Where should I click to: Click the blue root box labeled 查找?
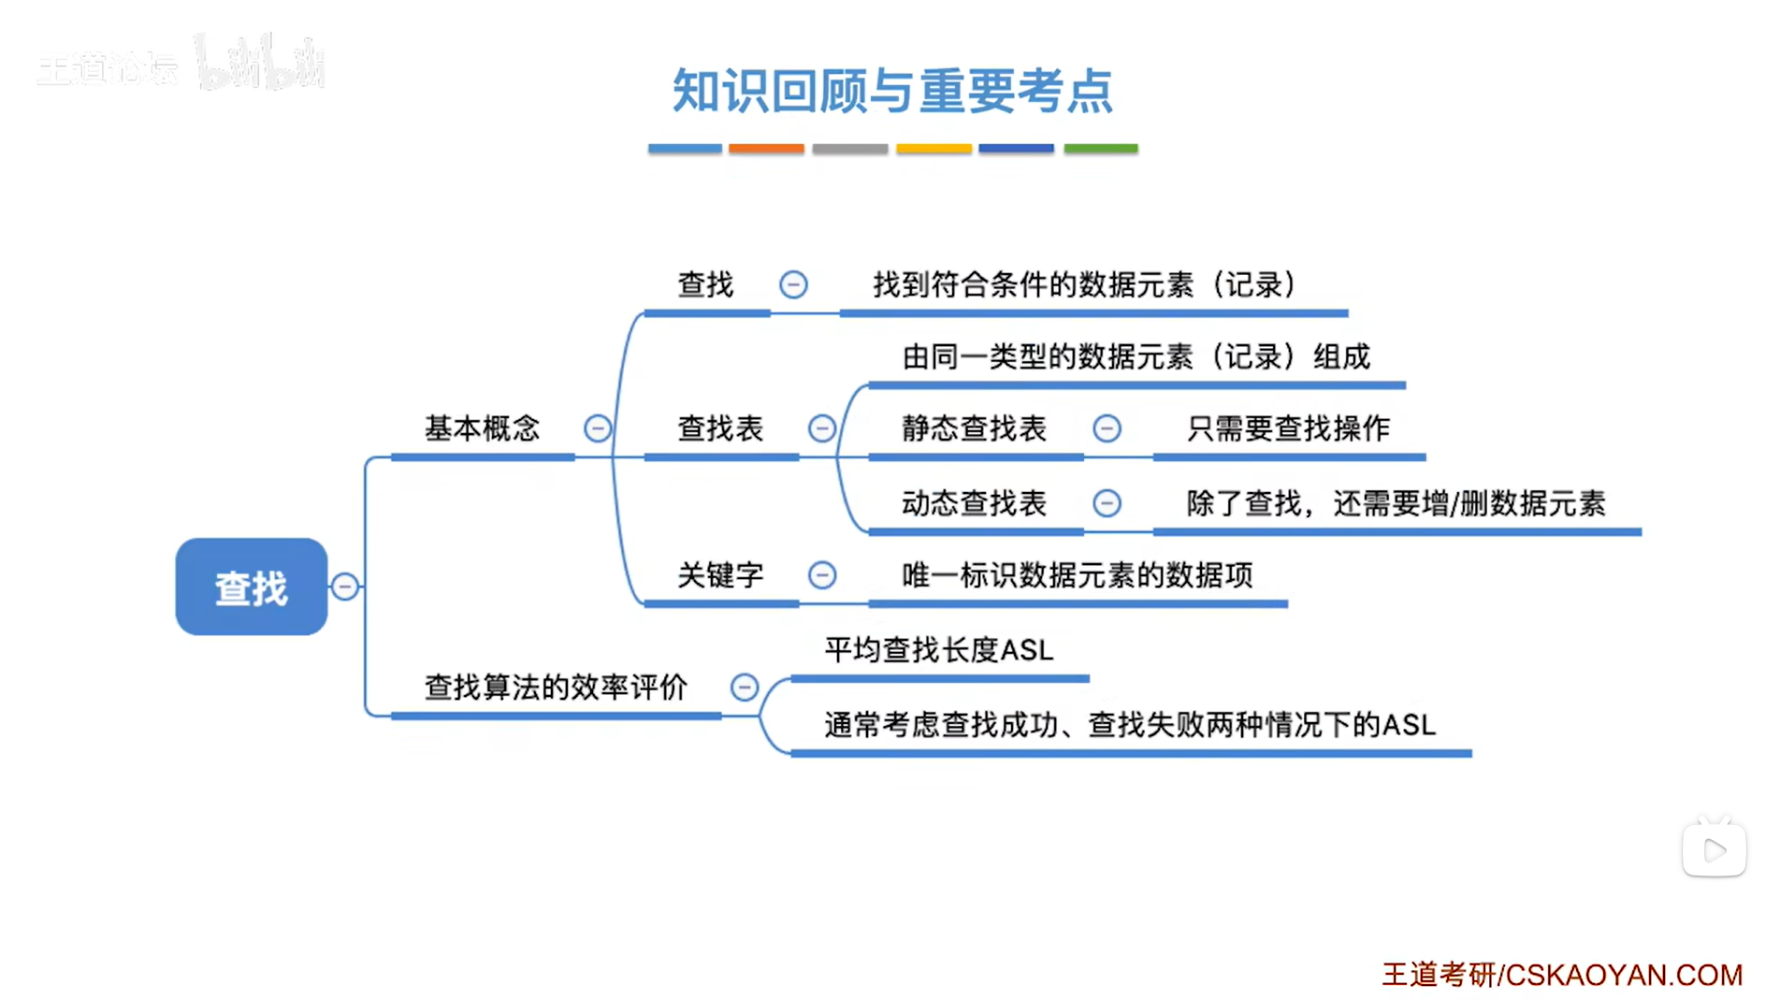[x=251, y=587]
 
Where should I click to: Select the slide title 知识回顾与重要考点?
[x=892, y=91]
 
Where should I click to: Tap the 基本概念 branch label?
[x=482, y=428]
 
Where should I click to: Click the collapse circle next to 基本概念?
[x=598, y=428]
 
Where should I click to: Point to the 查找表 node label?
[x=720, y=428]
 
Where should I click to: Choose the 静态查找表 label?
[x=974, y=428]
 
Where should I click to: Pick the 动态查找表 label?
[x=974, y=503]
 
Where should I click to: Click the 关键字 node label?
[x=720, y=574]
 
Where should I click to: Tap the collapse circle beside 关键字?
[x=822, y=574]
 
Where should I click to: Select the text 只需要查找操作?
[x=1288, y=428]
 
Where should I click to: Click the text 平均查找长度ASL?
[x=938, y=649]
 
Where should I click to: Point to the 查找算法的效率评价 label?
[x=556, y=688]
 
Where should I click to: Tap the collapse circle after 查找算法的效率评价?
[x=745, y=688]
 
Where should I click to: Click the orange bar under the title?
[x=766, y=149]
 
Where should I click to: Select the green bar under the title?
[x=1100, y=149]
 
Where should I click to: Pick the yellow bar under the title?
[x=933, y=149]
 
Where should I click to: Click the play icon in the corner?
[x=1714, y=850]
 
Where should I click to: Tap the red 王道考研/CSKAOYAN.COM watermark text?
[x=1562, y=975]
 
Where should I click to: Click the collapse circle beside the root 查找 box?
[x=344, y=587]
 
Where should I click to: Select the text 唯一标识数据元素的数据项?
[x=1077, y=574]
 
